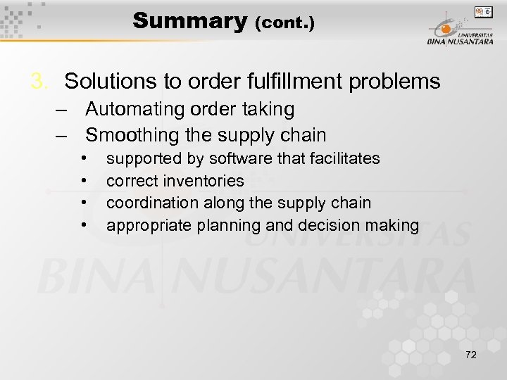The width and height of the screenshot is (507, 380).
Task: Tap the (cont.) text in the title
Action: point(284,23)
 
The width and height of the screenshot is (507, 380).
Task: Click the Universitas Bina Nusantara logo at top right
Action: point(458,31)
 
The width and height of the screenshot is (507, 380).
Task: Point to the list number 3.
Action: point(39,82)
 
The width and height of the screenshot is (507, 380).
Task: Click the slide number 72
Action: point(470,355)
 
